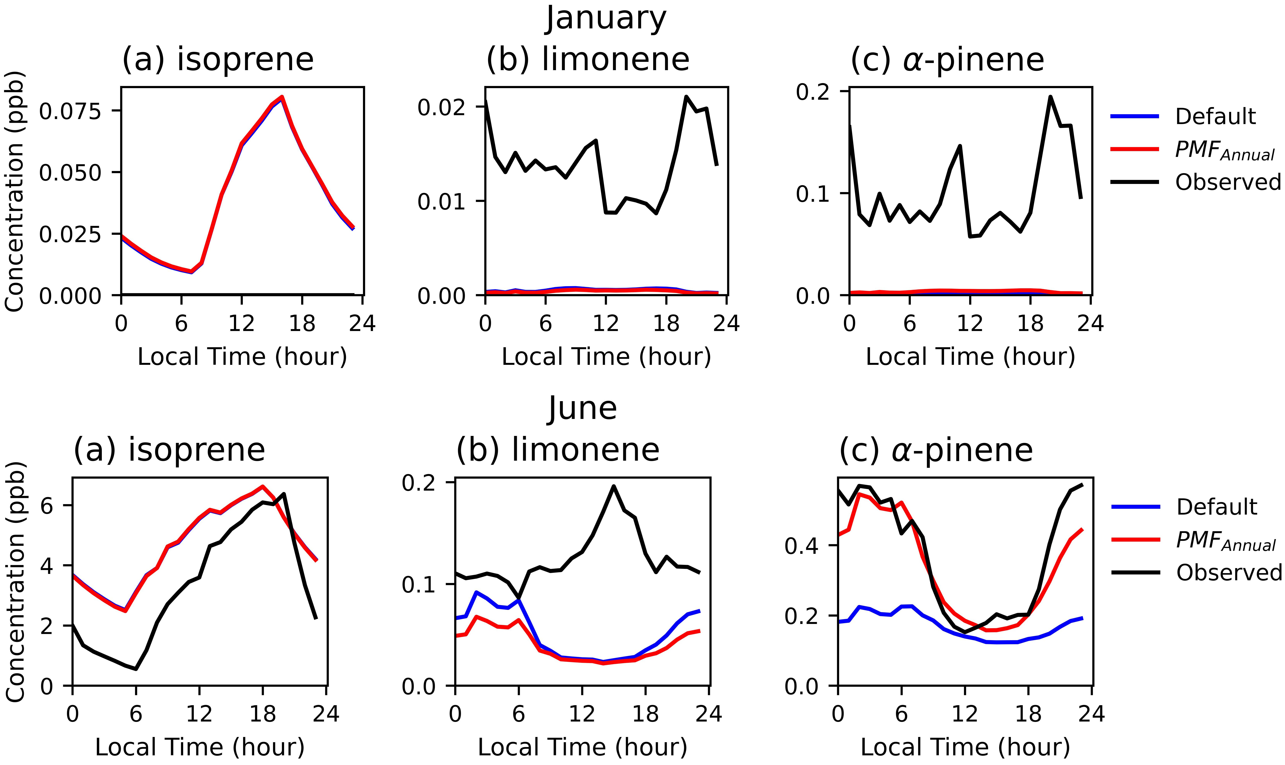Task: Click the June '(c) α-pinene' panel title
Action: [936, 450]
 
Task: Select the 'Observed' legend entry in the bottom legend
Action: [1229, 573]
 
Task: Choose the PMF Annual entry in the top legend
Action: [1224, 150]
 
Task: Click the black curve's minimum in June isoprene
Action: [135, 669]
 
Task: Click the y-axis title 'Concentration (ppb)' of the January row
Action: [14, 191]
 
